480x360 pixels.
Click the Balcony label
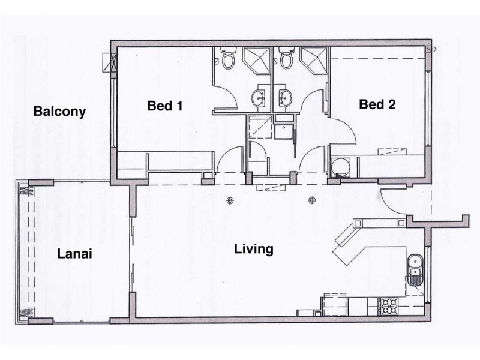pos(59,112)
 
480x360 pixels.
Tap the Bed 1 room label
pos(164,106)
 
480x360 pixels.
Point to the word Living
pos(254,248)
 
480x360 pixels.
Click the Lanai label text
pos(74,254)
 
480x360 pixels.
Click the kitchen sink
pos(415,269)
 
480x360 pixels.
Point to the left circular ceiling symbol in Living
pos(229,200)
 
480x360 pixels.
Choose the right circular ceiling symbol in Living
pos(311,200)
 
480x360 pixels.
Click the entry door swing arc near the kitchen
pos(393,201)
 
